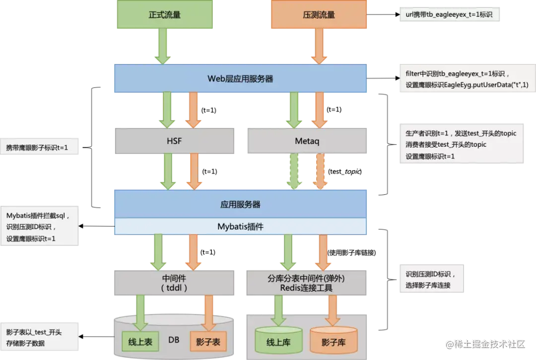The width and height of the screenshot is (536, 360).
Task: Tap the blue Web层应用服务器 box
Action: click(241, 78)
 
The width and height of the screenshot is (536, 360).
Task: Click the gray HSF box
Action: click(174, 141)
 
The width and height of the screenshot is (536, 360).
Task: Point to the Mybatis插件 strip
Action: click(241, 226)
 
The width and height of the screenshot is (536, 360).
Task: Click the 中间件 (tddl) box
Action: click(174, 283)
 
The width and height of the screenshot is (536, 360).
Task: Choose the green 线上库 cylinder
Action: click(277, 342)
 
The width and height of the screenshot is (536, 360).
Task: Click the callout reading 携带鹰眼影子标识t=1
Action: click(40, 147)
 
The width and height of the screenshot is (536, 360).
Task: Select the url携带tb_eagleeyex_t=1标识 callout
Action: click(449, 15)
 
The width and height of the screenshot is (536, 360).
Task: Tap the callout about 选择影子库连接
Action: click(431, 280)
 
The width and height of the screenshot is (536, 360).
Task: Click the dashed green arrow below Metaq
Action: click(294, 171)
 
